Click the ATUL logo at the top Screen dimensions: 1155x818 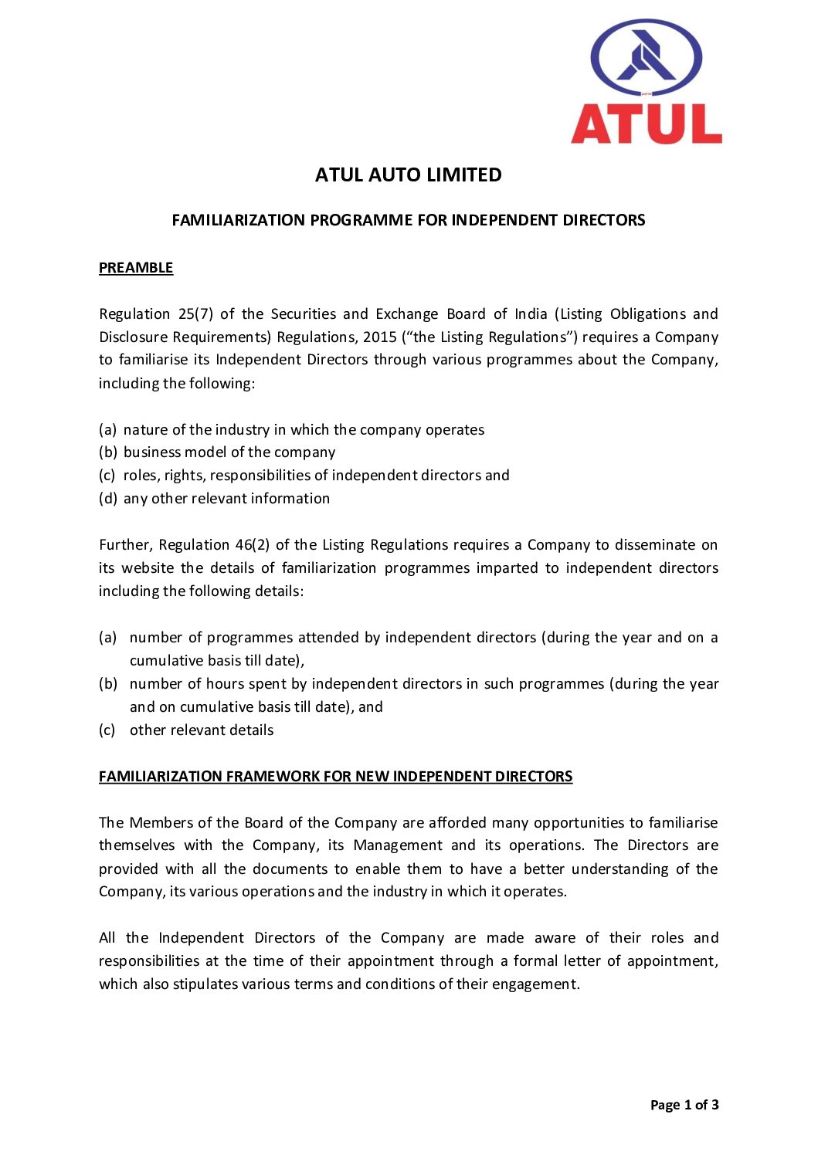click(646, 82)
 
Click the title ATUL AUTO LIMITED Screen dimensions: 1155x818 click(408, 175)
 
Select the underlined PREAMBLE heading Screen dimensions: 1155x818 click(136, 268)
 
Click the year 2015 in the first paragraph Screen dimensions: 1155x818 click(379, 337)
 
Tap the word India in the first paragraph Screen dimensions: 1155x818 click(531, 314)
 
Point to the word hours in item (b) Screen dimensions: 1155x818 click(225, 684)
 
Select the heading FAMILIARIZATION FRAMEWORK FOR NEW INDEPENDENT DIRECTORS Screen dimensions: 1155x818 click(335, 777)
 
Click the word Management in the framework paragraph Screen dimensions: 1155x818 click(398, 845)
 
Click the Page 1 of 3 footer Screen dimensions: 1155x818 click(684, 1105)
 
